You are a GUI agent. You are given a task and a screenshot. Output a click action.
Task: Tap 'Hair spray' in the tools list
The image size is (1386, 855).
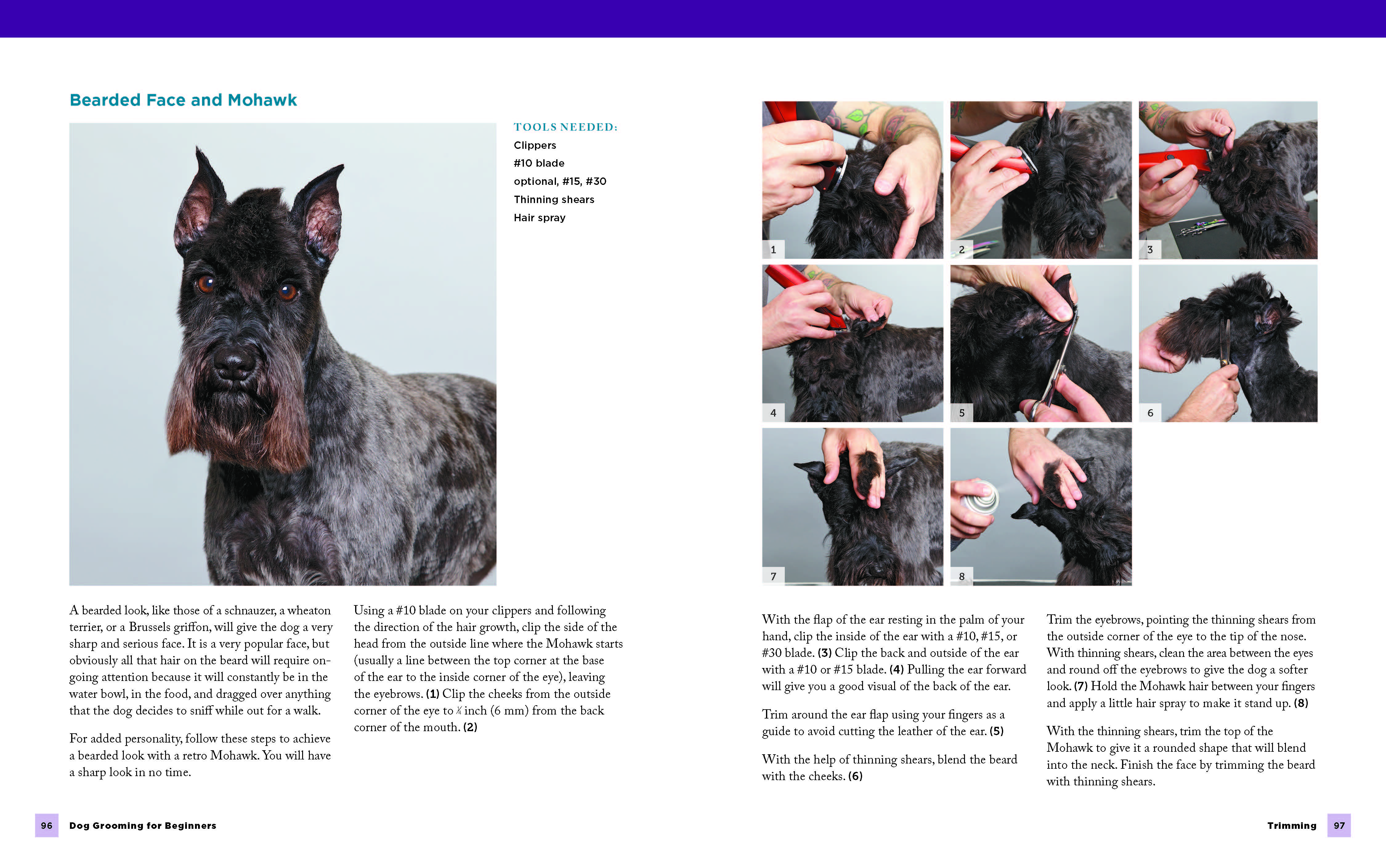pyautogui.click(x=539, y=218)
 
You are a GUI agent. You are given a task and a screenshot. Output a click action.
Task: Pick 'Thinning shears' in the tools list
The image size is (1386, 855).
pyautogui.click(x=554, y=200)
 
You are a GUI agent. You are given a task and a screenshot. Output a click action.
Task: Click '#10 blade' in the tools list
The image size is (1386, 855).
pyautogui.click(x=539, y=163)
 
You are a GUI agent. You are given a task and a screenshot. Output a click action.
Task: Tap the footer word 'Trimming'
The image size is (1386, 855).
pyautogui.click(x=1292, y=826)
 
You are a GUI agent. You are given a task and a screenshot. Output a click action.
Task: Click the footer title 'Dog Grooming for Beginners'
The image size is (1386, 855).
pyautogui.click(x=142, y=826)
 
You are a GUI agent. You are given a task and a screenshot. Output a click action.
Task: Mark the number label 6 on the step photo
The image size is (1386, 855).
pyautogui.click(x=1150, y=413)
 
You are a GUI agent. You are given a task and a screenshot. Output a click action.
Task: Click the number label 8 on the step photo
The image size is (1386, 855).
pyautogui.click(x=962, y=576)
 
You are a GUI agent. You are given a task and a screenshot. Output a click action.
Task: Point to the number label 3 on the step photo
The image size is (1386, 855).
pyautogui.click(x=1150, y=249)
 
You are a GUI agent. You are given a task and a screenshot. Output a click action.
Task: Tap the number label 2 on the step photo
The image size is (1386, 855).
pyautogui.click(x=962, y=249)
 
